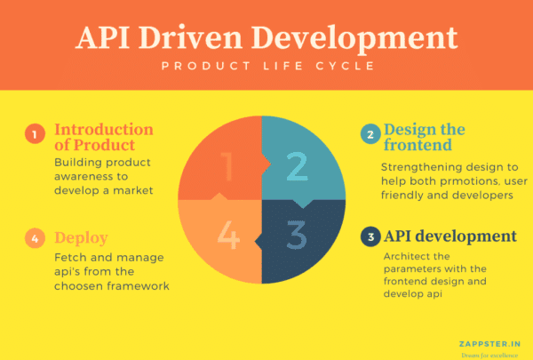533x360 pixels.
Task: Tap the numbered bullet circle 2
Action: click(368, 135)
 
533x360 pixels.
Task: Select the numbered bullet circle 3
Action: click(368, 237)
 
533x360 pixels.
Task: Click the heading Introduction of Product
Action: click(103, 136)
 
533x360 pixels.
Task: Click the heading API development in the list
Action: click(449, 236)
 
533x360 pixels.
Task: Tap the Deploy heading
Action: click(81, 237)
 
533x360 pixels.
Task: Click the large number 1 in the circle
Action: click(227, 164)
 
